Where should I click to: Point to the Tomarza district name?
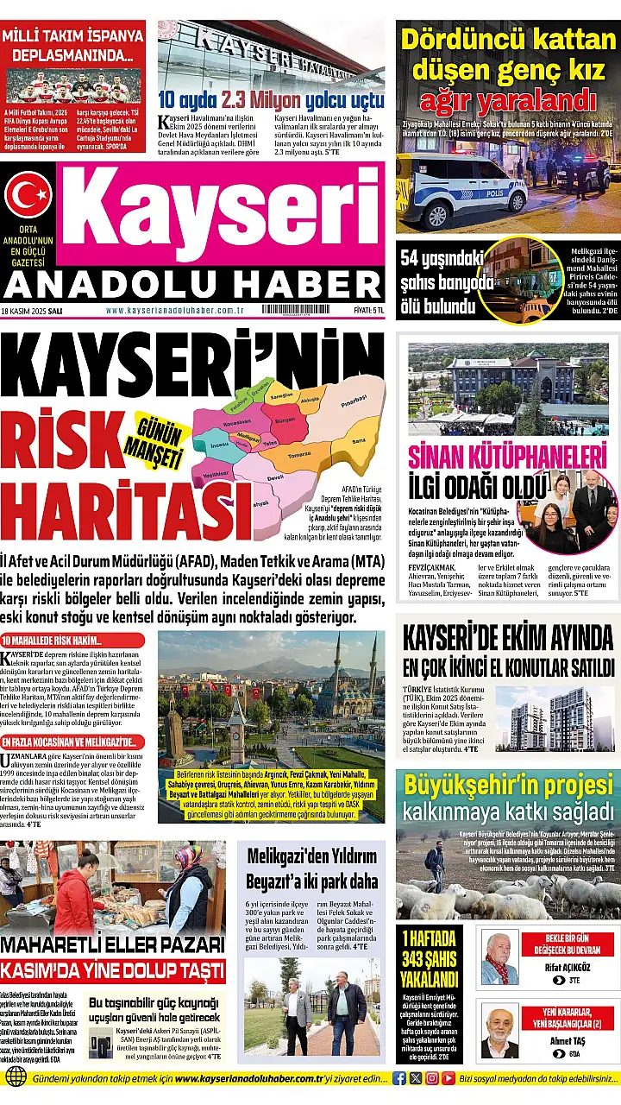tap(299, 454)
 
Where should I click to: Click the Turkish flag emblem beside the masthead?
tap(28, 195)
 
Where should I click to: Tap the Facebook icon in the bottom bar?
tap(399, 1078)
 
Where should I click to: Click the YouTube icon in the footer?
tap(448, 1078)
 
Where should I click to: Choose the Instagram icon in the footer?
tap(432, 1078)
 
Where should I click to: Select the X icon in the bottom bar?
tap(416, 1078)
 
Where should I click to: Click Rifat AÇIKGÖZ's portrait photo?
tap(500, 958)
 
